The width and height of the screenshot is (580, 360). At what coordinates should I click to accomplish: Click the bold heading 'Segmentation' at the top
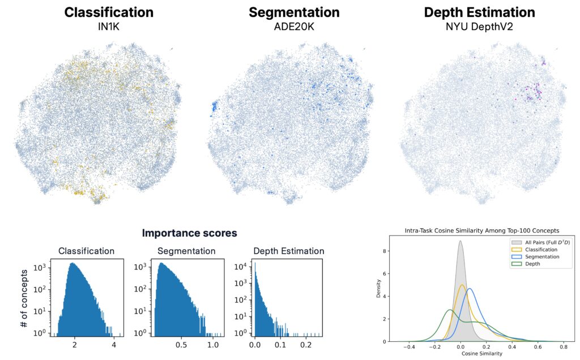(294, 12)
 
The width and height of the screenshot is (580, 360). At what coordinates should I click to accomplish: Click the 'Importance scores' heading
(189, 233)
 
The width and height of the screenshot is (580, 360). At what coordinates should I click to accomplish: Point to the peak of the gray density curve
(460, 241)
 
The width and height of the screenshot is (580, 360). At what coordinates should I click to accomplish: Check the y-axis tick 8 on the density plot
(385, 250)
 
